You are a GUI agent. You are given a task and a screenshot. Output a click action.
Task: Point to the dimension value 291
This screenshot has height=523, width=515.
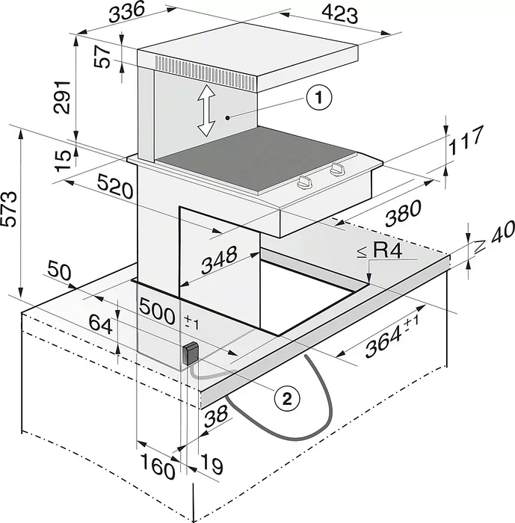[65, 96]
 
